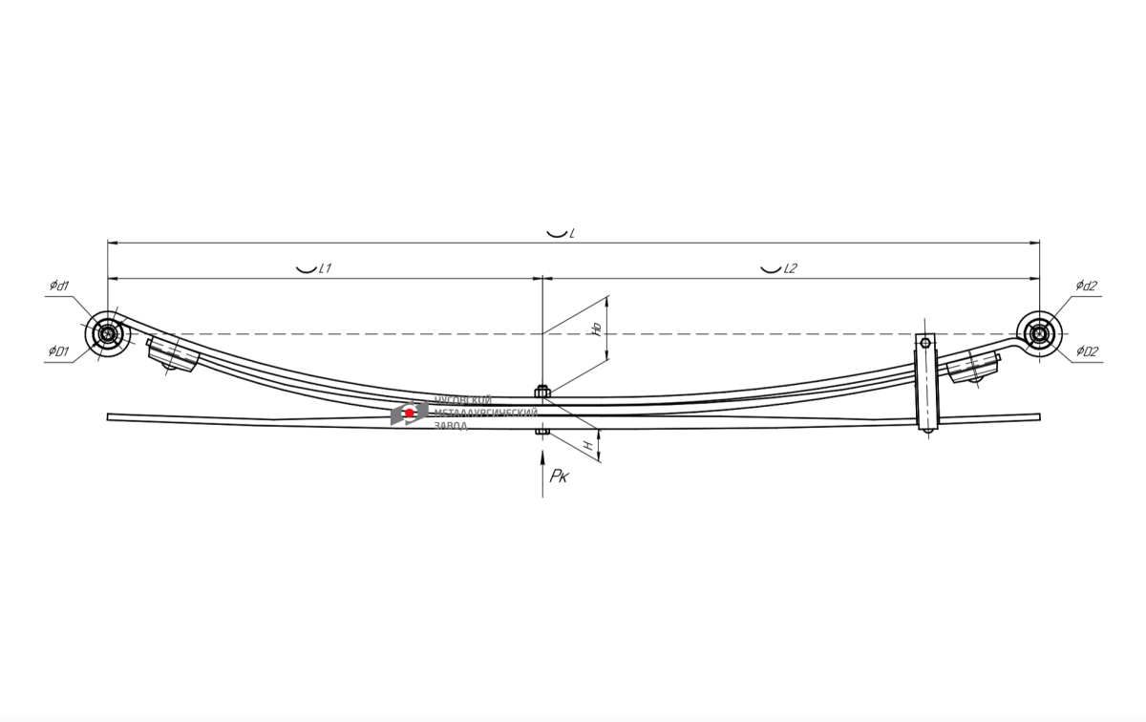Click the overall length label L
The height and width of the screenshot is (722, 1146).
click(571, 233)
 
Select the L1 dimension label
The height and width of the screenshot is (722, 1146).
click(324, 268)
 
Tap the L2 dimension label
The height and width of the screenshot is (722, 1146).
click(790, 268)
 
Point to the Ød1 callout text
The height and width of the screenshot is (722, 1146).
click(59, 286)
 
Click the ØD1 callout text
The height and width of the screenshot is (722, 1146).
click(59, 352)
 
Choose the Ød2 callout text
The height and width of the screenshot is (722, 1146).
click(1087, 286)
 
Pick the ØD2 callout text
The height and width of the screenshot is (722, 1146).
click(1087, 352)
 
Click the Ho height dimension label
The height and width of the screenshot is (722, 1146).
click(596, 329)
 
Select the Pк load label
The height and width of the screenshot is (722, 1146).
click(559, 477)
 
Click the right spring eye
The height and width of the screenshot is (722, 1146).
click(1039, 333)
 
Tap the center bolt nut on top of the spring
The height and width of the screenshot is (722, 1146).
click(542, 391)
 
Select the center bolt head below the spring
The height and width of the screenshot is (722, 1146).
click(542, 432)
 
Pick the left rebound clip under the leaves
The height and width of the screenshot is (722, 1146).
click(173, 355)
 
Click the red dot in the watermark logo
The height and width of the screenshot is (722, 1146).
click(410, 413)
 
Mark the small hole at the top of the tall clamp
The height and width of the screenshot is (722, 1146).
click(925, 342)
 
